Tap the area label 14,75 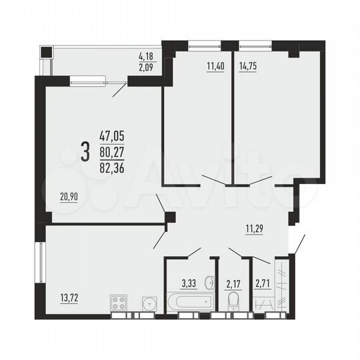(248, 67)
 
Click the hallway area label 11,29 (254, 231)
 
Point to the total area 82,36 (112, 164)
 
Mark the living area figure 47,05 (112, 135)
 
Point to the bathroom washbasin (209, 280)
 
